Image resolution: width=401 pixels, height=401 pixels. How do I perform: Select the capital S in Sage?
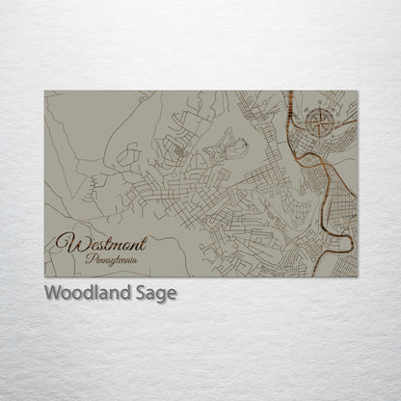tap(141, 294)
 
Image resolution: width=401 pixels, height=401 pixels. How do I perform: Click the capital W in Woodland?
tap(51, 294)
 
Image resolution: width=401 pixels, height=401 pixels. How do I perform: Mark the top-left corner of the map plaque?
tap(44, 92)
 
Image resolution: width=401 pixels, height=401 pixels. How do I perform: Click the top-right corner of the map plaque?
tap(358, 92)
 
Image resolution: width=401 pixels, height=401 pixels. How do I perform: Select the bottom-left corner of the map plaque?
tap(44, 277)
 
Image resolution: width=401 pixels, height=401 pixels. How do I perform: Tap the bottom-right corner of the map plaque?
tap(358, 277)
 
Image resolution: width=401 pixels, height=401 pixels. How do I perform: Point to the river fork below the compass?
tap(307, 152)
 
